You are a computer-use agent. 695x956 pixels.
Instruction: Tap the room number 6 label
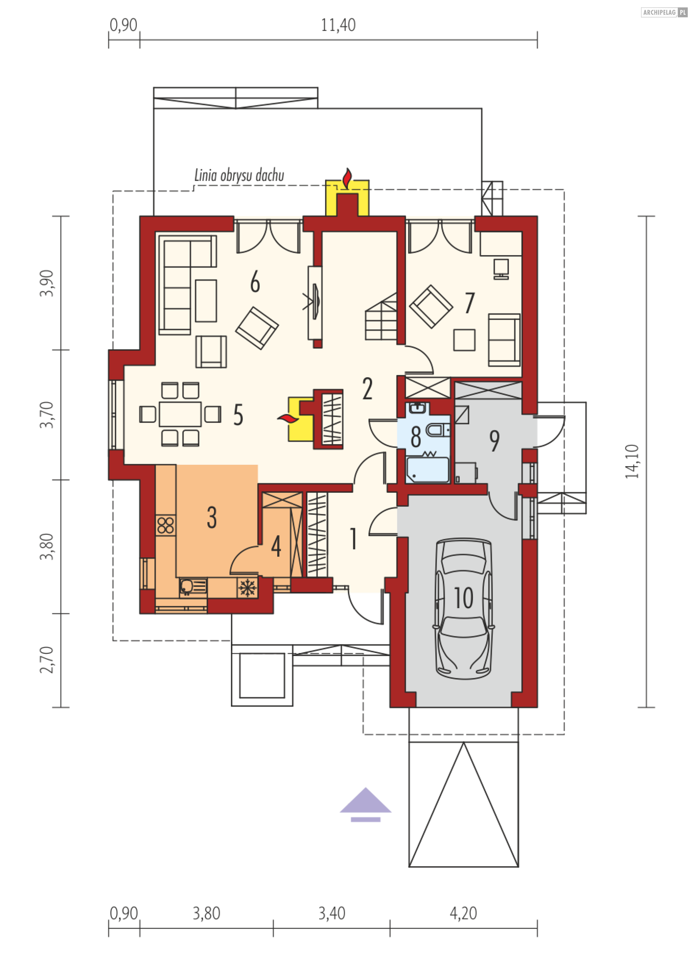click(x=255, y=282)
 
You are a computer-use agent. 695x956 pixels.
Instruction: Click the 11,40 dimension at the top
click(x=338, y=25)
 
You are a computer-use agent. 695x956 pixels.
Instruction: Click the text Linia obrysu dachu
click(x=239, y=175)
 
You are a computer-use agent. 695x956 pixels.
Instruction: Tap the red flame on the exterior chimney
click(x=347, y=178)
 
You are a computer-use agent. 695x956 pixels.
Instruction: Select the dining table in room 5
click(x=180, y=414)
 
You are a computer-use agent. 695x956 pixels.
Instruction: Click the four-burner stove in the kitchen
click(x=166, y=526)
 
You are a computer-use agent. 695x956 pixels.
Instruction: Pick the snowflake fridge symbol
click(x=247, y=587)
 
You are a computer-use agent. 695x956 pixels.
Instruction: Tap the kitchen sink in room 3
click(x=193, y=587)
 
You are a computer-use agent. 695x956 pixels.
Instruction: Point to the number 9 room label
click(x=494, y=441)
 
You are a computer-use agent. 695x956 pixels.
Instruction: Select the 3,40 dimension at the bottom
click(x=332, y=913)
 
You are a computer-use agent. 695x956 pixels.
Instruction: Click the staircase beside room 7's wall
click(x=381, y=317)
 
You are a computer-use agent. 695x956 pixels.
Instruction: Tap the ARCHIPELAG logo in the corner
click(x=664, y=12)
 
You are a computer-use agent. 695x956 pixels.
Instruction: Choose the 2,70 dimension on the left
click(x=47, y=660)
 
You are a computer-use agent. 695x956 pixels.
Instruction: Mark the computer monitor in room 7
click(x=501, y=269)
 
